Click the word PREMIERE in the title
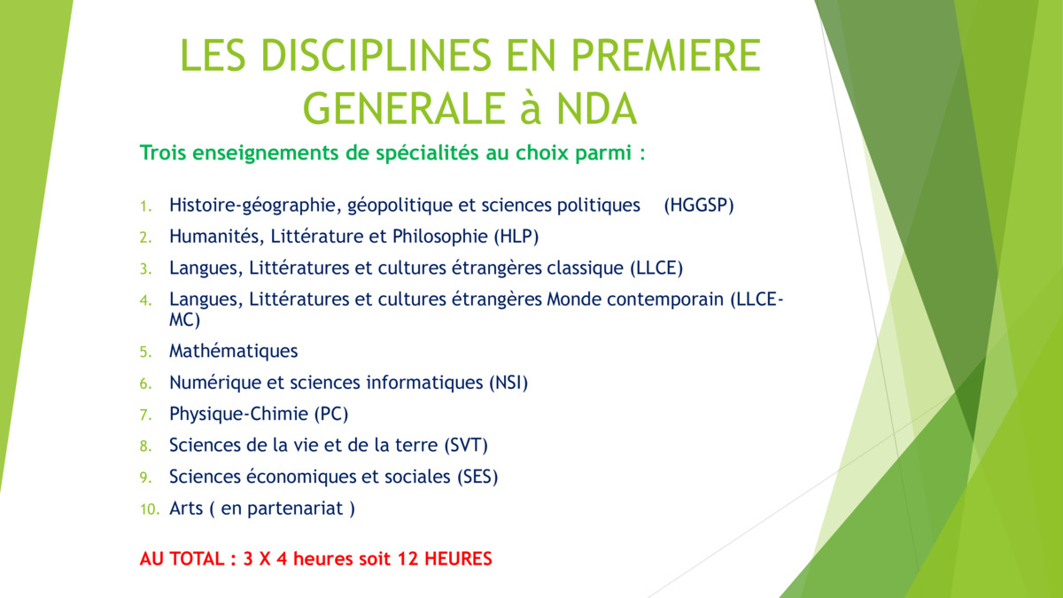coord(666,55)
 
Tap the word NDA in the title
coord(596,109)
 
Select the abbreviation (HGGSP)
coord(699,206)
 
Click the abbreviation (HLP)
coord(516,237)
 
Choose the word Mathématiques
coord(234,351)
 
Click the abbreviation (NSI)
coord(508,383)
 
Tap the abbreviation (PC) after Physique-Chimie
coord(331,415)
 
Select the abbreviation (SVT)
coord(466,446)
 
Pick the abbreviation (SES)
coord(477,477)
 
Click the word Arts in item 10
coord(186,509)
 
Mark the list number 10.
coord(150,509)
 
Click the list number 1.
coord(145,206)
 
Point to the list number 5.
coord(145,353)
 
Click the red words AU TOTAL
coord(182,559)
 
